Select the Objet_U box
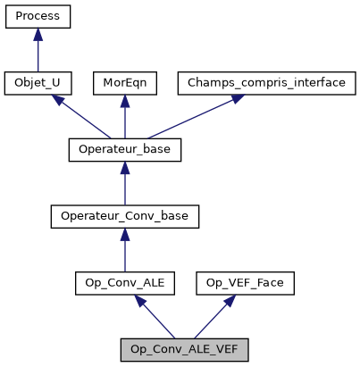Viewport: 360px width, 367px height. [38, 83]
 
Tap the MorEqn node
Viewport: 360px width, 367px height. [124, 83]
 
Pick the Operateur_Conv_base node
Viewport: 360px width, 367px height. [124, 216]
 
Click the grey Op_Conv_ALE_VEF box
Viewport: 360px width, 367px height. [183, 349]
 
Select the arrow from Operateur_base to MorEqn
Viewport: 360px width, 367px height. [124, 119]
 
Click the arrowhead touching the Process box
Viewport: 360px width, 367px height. [38, 35]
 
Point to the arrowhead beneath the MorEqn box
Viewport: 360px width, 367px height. [124, 101]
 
